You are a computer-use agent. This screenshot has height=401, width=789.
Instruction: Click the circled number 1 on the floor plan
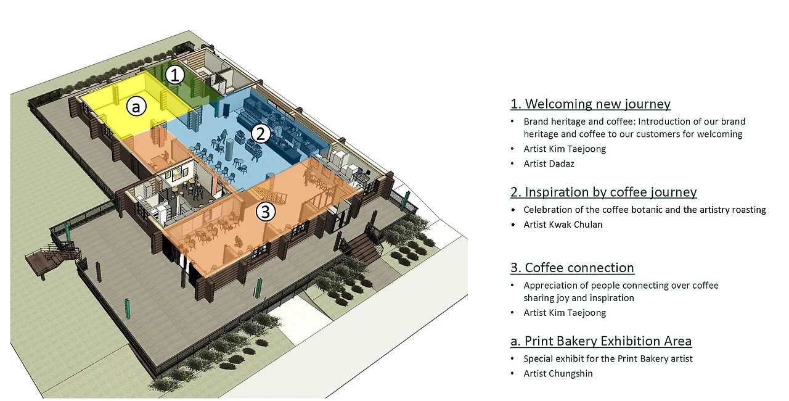pos(175,75)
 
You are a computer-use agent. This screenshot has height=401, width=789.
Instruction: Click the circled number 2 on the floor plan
pos(261,133)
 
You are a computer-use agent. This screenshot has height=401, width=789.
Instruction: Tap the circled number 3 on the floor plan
pos(265,212)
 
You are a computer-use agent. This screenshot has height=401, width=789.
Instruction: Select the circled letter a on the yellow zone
pos(136,107)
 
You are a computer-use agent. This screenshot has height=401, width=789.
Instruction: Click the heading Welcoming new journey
pos(591,104)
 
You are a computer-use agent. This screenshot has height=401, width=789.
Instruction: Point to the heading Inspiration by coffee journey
pos(603,192)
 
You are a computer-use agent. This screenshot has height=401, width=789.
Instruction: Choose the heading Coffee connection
pos(572,268)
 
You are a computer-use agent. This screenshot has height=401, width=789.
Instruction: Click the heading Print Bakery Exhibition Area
pos(601,341)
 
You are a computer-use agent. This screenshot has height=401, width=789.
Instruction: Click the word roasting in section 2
pos(748,210)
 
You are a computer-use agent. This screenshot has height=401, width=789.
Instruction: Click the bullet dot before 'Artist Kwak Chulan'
pos(513,225)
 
